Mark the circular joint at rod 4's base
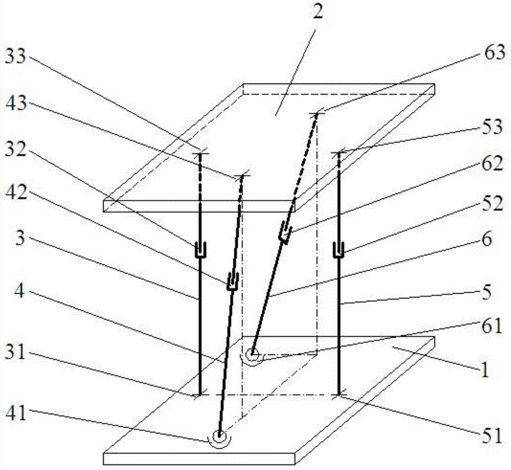[220, 437]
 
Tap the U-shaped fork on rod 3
[200, 250]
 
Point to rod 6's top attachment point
[317, 114]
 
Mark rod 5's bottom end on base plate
[339, 394]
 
